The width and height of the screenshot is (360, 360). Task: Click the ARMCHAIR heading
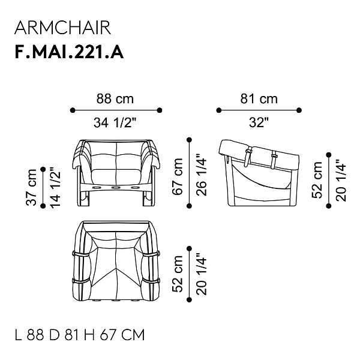click(62, 28)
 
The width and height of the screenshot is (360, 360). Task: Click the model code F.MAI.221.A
click(69, 52)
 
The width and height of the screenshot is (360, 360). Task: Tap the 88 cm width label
click(115, 99)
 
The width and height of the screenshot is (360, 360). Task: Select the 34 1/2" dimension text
click(115, 122)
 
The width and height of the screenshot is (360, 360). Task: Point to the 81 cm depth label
click(259, 99)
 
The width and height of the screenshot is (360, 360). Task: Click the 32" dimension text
click(259, 122)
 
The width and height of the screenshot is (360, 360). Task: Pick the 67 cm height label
click(178, 176)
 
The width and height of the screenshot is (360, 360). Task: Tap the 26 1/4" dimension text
click(202, 175)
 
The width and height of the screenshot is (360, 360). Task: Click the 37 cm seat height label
click(31, 187)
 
